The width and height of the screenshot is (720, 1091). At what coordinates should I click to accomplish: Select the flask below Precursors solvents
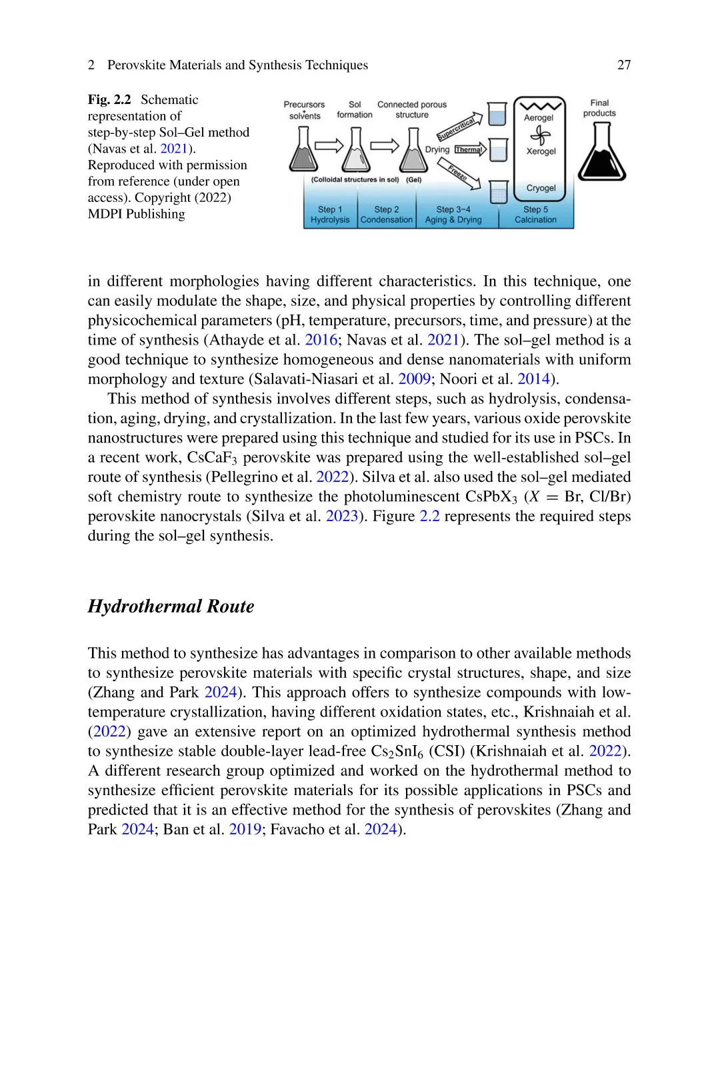point(303,150)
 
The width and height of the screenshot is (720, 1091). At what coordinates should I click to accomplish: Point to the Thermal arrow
point(470,149)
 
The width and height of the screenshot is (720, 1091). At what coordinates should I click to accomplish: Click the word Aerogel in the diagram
point(539,118)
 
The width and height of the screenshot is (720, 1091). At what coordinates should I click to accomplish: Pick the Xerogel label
point(541,151)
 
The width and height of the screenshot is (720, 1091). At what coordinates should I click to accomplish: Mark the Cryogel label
point(541,188)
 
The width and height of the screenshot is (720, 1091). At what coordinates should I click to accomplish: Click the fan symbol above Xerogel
point(540,135)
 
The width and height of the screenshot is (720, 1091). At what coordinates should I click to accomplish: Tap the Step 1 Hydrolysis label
point(330,215)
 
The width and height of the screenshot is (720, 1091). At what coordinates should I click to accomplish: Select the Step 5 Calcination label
point(535,215)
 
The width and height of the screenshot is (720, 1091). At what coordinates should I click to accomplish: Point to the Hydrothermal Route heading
point(171,606)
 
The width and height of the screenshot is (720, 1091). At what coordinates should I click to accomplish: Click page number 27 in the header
point(624,65)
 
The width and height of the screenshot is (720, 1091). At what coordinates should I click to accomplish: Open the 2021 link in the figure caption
point(174,149)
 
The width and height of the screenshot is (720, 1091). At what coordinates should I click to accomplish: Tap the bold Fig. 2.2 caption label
point(109,99)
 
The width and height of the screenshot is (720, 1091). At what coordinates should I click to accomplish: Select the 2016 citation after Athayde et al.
point(321,340)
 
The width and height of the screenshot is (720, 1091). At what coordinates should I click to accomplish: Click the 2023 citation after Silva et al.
point(342,517)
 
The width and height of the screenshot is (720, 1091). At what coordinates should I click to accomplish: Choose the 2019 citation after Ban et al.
point(245,830)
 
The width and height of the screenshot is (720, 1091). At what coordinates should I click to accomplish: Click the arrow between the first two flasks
point(329,146)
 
